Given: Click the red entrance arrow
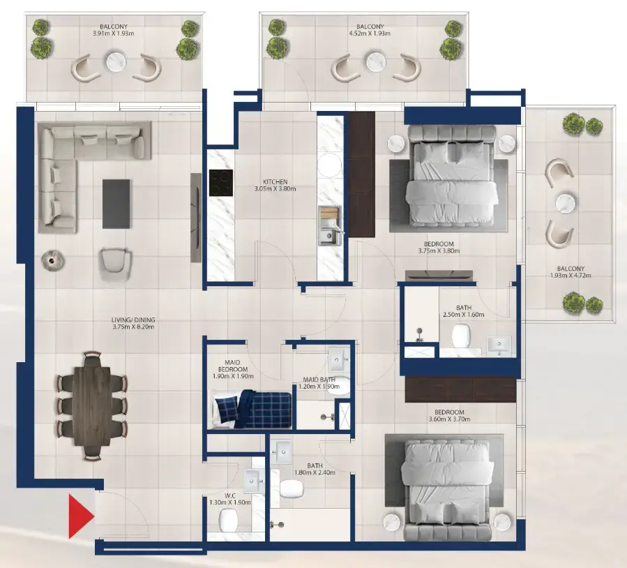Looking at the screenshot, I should pos(80,516).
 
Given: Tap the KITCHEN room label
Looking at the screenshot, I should pos(275,181).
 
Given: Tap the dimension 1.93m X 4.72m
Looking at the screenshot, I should pos(571,276).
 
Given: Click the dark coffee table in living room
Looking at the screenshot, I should pos(116,204).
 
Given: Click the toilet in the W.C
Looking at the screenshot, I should pos(229,520).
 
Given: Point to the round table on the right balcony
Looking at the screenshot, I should pos(564,203).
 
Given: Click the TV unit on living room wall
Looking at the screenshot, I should pos(196,218).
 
